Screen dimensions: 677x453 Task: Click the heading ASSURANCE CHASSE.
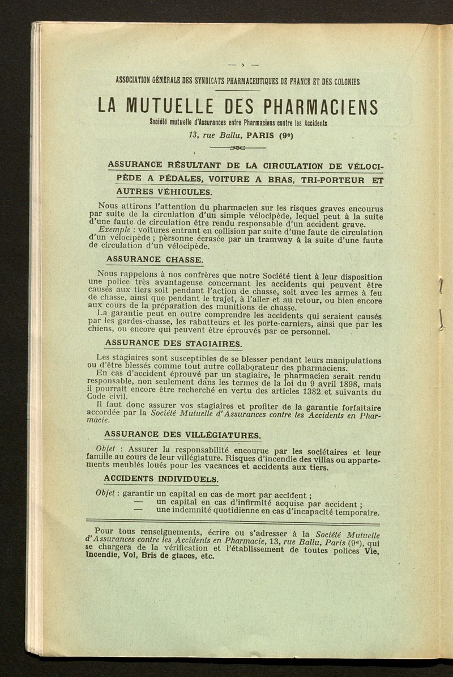[155, 259]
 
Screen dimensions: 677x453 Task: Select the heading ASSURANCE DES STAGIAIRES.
[174, 344]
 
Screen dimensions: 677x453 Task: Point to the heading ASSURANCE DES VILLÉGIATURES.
[183, 435]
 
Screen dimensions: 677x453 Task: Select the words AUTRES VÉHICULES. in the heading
[159, 193]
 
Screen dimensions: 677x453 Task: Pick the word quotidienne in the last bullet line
[243, 512]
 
